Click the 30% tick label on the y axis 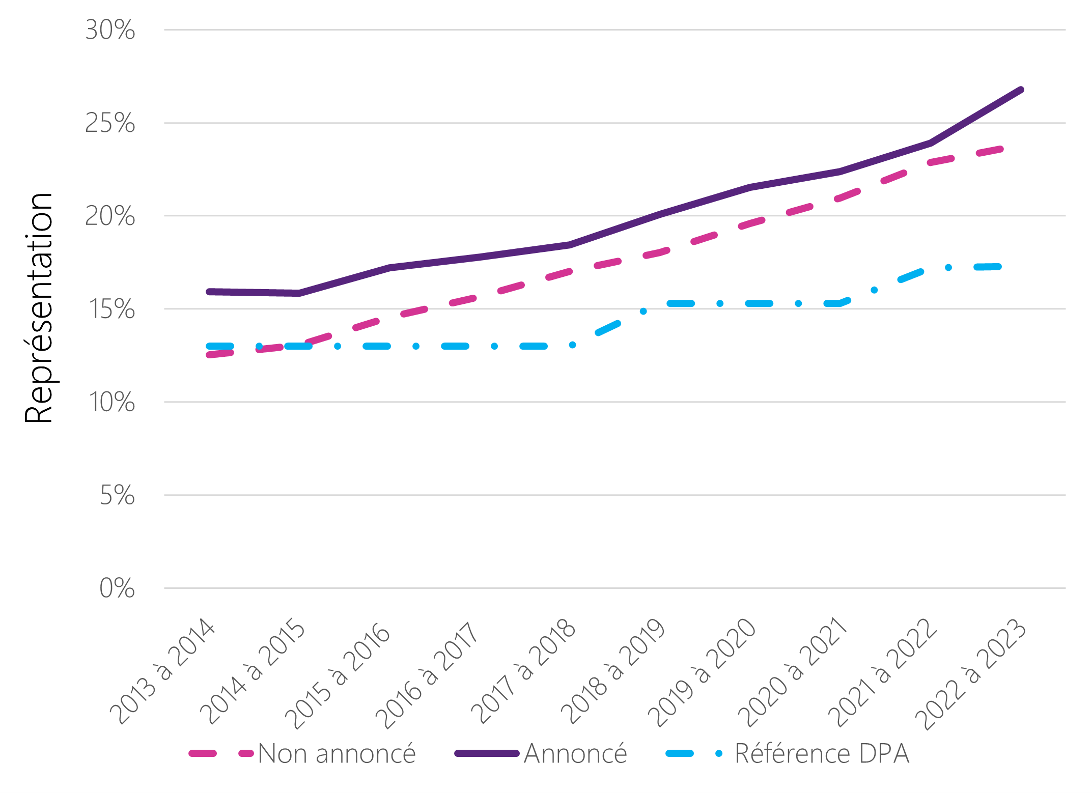pos(110,30)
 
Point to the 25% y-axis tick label pos(110,123)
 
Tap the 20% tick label pos(110,216)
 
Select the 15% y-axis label pos(111,309)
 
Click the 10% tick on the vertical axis pos(111,403)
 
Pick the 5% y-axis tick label pos(117,495)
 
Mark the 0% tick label pos(117,588)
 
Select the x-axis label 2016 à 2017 pos(427,674)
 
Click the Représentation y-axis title pos(39,308)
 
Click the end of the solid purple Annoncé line pos(1021,90)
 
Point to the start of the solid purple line pos(209,292)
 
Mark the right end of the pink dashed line pos(1001,149)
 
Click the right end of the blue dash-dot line pos(999,267)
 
